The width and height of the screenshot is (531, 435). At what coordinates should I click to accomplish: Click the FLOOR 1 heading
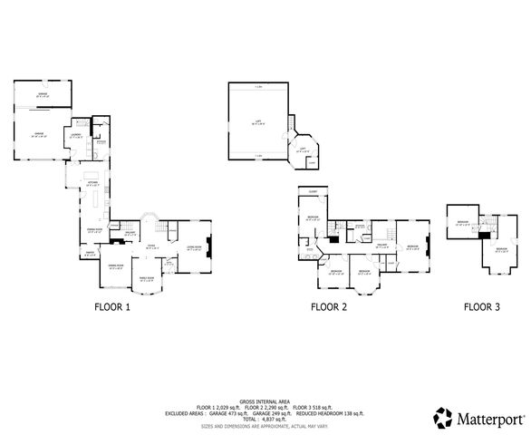(x=112, y=307)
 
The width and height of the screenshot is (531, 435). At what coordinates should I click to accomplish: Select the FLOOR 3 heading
(x=481, y=307)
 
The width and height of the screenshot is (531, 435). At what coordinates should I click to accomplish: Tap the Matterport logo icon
(x=443, y=418)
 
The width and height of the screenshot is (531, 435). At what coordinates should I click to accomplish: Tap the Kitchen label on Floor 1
(x=92, y=182)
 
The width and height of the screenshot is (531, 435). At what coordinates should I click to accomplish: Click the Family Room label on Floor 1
(x=145, y=279)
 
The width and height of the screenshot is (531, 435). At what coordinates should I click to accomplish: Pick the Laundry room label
(x=75, y=135)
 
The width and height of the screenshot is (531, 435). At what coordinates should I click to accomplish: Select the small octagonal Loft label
(x=302, y=150)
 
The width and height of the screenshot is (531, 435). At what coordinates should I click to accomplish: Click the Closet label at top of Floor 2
(x=312, y=191)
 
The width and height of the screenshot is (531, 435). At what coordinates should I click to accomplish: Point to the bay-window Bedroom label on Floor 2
(x=365, y=272)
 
